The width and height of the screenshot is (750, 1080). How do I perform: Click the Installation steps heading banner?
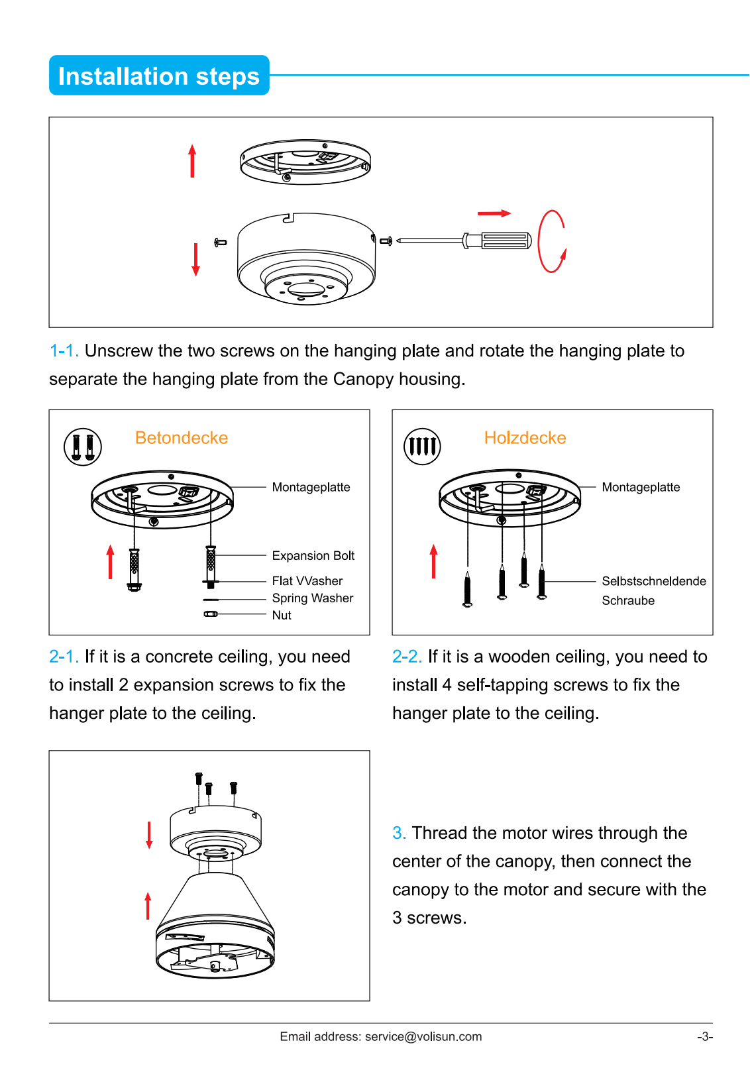[x=159, y=76]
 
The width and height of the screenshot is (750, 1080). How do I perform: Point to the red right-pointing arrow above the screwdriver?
[x=494, y=213]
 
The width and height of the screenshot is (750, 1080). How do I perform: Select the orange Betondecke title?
[x=182, y=438]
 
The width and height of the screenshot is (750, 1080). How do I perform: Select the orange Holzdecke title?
[x=525, y=438]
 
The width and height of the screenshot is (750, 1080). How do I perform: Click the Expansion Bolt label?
[x=313, y=556]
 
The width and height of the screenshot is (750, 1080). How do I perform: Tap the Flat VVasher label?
[x=307, y=581]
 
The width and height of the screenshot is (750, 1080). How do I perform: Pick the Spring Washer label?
[x=313, y=598]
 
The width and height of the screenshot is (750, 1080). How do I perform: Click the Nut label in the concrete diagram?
[x=282, y=616]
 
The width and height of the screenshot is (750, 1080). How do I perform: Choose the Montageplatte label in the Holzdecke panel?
[x=641, y=488]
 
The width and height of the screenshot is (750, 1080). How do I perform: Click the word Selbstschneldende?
[x=654, y=581]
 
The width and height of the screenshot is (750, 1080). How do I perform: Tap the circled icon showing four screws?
[x=422, y=446]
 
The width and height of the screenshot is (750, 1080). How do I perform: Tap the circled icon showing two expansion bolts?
[x=83, y=447]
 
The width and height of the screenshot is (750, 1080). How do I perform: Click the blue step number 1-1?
[x=64, y=351]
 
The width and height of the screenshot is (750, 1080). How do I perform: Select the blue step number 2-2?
[x=407, y=657]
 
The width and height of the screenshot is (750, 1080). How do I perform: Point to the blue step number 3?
[x=398, y=833]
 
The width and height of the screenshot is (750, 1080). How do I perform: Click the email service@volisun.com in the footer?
[x=423, y=1037]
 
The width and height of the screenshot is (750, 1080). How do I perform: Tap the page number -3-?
[x=704, y=1037]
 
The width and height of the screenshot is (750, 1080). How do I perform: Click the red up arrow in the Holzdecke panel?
[x=434, y=561]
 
